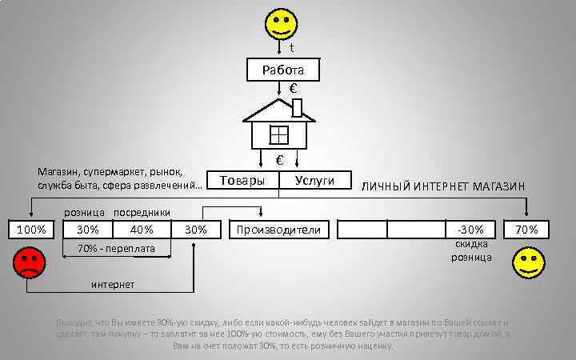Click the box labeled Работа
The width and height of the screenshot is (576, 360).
tap(283, 70)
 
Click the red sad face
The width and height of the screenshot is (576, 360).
tap(30, 263)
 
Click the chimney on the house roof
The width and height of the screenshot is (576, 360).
tap(297, 108)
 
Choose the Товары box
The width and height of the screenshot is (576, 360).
tap(242, 181)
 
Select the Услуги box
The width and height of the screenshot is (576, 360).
tap(314, 181)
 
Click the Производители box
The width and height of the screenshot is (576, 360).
tap(277, 230)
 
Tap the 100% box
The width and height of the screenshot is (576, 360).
tap(30, 230)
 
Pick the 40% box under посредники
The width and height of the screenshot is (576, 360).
tap(141, 230)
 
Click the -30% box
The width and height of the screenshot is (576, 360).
tap(465, 230)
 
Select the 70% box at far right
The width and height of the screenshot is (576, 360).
tap(526, 230)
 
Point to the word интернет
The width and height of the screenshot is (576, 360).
tap(112, 285)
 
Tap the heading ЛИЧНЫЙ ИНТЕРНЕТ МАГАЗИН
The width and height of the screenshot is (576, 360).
tap(442, 186)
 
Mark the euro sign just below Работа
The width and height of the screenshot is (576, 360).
tap(294, 89)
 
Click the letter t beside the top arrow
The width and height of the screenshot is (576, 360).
tap(291, 46)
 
